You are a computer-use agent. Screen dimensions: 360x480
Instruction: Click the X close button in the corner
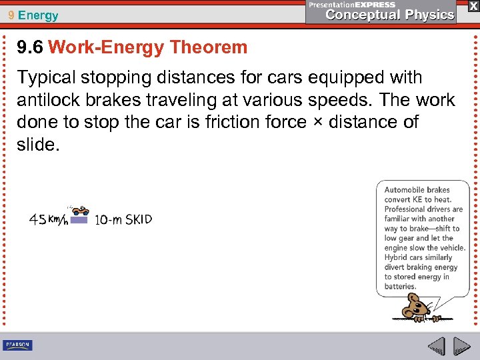(473, 6)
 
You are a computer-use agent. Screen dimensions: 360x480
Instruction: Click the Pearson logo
(17, 345)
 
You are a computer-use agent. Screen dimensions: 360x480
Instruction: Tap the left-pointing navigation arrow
(436, 347)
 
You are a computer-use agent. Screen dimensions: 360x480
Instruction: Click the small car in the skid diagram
(81, 211)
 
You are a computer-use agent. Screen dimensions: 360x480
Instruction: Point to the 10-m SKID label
(123, 219)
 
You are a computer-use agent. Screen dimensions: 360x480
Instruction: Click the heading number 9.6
(30, 47)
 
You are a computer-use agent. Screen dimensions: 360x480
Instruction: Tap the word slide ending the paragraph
(37, 144)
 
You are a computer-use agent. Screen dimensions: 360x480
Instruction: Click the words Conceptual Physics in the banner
(390, 15)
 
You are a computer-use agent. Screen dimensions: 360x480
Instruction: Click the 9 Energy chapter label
(33, 15)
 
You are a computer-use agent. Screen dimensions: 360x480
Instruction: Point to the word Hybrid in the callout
(397, 257)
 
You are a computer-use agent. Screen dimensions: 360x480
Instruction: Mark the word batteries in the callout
(400, 287)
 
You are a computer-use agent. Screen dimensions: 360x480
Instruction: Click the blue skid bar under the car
(79, 219)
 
